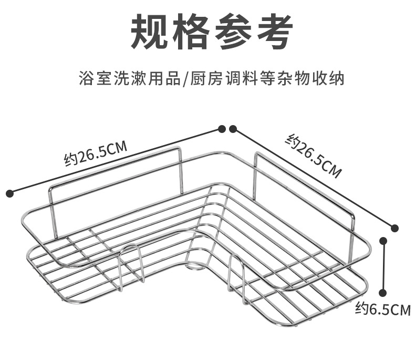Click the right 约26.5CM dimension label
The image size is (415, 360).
point(314,155)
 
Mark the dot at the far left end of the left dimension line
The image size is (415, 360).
point(9,194)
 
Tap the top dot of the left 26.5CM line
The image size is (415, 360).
point(222,129)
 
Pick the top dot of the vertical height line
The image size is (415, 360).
point(384,241)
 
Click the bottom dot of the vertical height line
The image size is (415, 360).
point(384,293)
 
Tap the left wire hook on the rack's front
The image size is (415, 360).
point(131,266)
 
